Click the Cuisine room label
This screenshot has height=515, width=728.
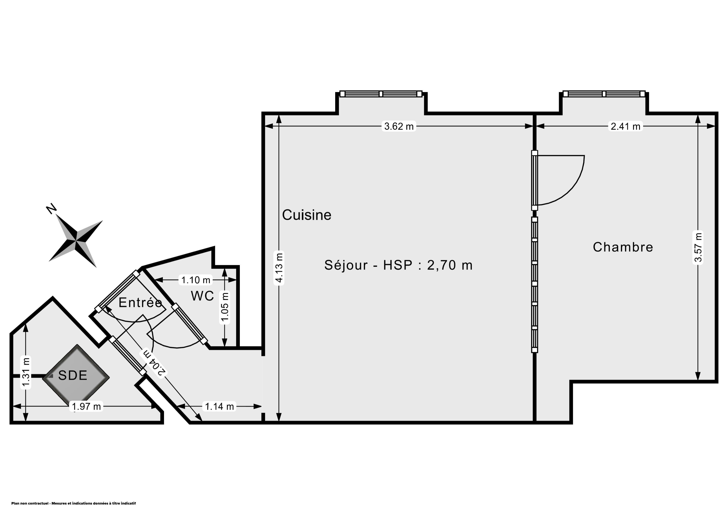click(x=307, y=215)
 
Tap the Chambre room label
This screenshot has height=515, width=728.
click(x=623, y=247)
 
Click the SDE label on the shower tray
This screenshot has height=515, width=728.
click(x=73, y=375)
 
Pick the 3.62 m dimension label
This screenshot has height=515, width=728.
click(x=399, y=126)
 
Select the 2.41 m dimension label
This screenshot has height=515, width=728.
click(x=626, y=126)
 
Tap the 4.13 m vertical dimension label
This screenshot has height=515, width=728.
click(x=279, y=267)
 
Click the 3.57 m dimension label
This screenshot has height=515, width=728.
click(x=698, y=247)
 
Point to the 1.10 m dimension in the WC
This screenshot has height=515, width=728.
click(x=196, y=280)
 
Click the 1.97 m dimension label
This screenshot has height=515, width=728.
click(x=86, y=406)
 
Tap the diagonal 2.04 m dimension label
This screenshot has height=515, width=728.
click(x=154, y=362)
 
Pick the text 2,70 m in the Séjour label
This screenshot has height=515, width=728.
click(x=450, y=265)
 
